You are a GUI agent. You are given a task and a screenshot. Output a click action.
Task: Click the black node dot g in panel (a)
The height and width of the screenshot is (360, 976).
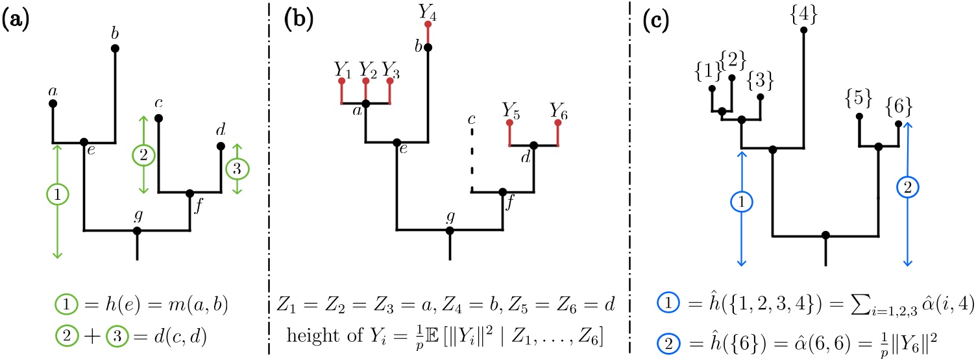[137, 230]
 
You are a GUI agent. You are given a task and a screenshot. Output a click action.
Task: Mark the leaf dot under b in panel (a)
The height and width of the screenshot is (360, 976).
[115, 48]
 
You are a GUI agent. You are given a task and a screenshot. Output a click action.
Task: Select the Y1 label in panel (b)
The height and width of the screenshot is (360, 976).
[341, 67]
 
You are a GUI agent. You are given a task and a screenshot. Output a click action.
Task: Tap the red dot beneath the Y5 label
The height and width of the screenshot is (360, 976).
[508, 122]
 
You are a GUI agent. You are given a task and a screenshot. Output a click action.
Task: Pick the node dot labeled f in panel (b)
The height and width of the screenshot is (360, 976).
[502, 192]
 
